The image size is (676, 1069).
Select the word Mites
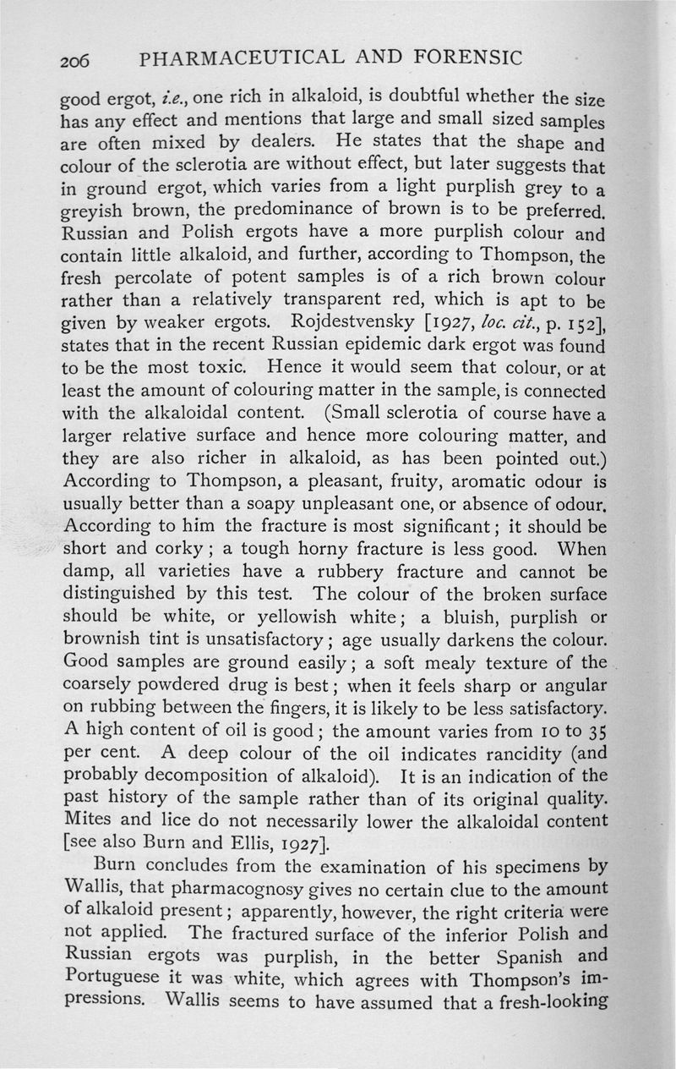click(x=89, y=820)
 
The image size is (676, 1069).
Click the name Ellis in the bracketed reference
click(x=255, y=843)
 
